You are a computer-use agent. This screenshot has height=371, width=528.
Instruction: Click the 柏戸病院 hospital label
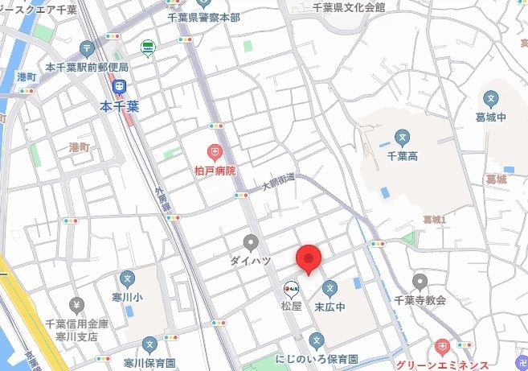(x=215, y=171)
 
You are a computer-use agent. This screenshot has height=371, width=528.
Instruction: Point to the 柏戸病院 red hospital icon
(x=215, y=152)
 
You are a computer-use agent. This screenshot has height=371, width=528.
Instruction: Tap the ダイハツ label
(x=251, y=261)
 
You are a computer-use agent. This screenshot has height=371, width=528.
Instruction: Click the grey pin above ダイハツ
(x=251, y=242)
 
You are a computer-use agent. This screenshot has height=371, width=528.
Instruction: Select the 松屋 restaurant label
(x=291, y=306)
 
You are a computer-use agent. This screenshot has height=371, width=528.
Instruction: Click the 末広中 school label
(x=329, y=306)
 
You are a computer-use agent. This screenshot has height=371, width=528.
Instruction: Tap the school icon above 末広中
(x=329, y=288)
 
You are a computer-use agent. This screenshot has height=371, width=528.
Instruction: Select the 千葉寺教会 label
(x=420, y=300)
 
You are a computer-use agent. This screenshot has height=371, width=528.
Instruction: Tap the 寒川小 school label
(x=127, y=297)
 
